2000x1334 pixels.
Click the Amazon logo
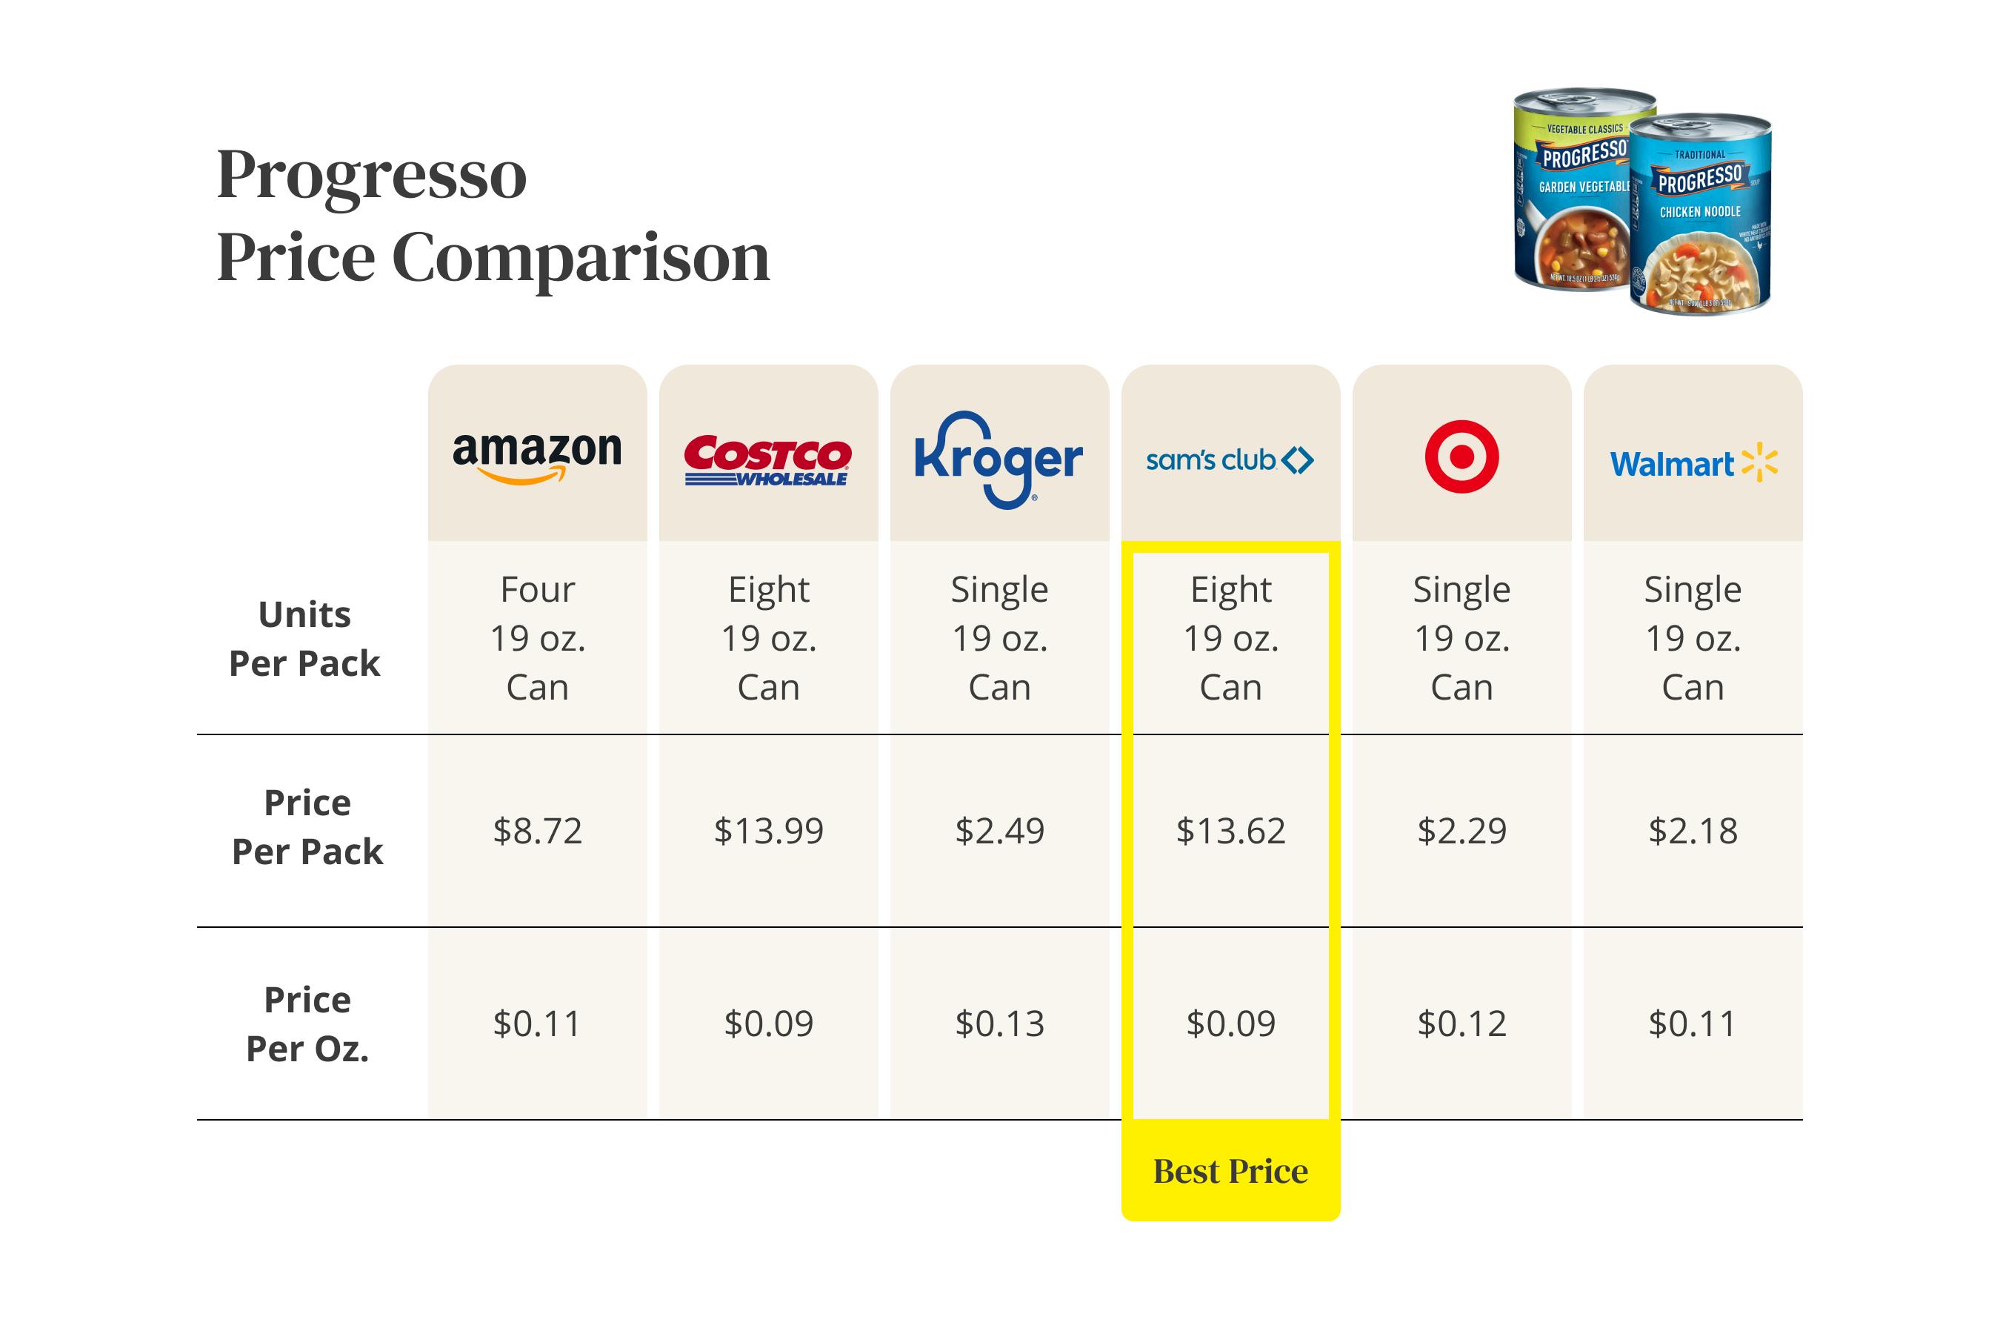(538, 456)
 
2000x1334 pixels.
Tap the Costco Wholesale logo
(768, 460)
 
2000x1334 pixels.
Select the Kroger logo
(999, 459)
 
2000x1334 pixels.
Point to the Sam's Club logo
(1230, 460)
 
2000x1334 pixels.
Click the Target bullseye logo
(1461, 457)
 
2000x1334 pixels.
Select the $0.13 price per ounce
(999, 1023)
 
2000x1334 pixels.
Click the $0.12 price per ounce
(1461, 1023)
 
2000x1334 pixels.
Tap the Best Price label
(1230, 1172)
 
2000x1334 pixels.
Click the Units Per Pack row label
(304, 638)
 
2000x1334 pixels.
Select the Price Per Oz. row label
(307, 1023)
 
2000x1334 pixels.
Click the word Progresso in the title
(372, 174)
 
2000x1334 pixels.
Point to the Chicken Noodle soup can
(1699, 217)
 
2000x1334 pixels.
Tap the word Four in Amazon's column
(538, 590)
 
